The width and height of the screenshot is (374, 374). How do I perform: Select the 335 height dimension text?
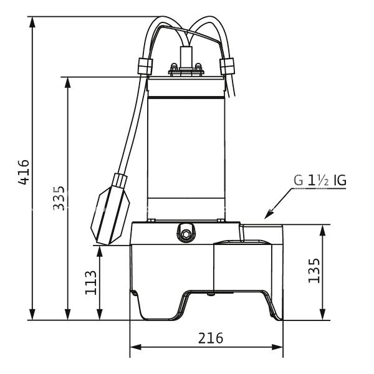[59, 198]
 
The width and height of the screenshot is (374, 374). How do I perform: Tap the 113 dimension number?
[91, 282]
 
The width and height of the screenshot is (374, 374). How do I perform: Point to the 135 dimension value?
[314, 271]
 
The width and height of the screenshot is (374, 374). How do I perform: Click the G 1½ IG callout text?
[320, 181]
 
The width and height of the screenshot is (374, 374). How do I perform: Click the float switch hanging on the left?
[112, 209]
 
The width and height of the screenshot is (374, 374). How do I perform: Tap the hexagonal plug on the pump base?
[185, 234]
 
